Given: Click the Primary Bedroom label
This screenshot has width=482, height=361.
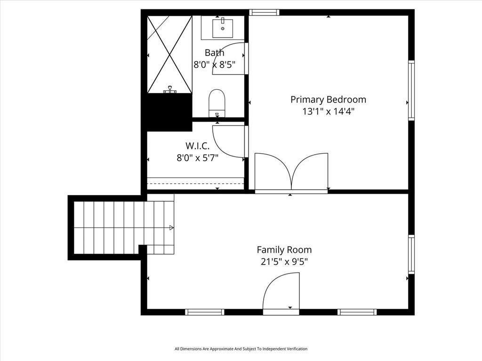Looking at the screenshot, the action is coord(328,100).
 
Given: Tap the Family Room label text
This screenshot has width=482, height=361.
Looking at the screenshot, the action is coord(284,250).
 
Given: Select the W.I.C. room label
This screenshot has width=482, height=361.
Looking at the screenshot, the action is coord(197,146).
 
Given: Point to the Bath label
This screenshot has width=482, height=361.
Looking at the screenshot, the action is coord(215,53).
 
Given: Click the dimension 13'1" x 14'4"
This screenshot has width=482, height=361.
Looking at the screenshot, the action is coord(328,111).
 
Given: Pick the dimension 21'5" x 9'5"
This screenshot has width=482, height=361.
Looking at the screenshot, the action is coord(284,262).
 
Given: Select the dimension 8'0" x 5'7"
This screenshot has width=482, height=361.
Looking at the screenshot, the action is coord(197,158).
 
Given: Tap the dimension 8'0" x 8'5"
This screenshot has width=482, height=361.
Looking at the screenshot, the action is coord(215,65).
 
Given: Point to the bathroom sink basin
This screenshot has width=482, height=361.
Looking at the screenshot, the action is coord(223,28).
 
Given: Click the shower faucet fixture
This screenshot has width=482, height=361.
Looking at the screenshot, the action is coord(169,90).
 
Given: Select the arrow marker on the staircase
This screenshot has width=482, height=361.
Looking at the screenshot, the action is coord(171,228).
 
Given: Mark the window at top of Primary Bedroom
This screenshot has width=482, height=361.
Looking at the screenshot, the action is coord(265,12).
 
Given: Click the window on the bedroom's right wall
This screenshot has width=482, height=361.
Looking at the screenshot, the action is coord(411,90).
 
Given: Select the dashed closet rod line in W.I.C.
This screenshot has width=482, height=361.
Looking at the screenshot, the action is coord(195,184).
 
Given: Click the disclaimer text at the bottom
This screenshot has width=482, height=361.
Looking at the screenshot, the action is coord(241,349).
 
